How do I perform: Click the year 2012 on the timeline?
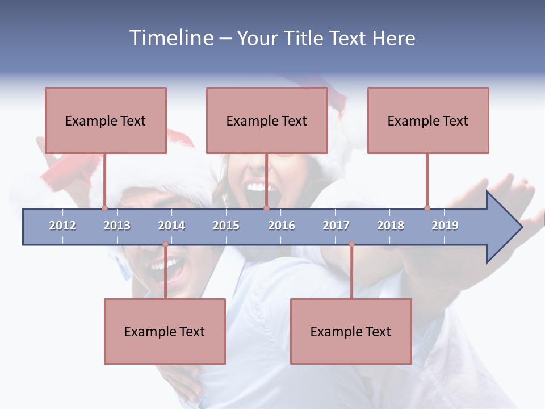[x=62, y=226]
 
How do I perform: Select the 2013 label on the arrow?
[x=117, y=226]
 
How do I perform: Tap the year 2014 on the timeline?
[x=171, y=226]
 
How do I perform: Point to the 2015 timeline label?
[x=226, y=226]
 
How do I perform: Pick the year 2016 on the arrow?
[x=282, y=226]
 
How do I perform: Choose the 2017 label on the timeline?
[x=336, y=226]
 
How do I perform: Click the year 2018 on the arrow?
[x=391, y=226]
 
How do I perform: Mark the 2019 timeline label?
[x=445, y=226]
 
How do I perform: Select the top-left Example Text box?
[x=106, y=121]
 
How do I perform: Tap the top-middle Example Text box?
[x=267, y=121]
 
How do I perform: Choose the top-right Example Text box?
[x=428, y=121]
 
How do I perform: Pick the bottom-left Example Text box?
[x=165, y=332]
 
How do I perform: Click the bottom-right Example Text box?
[x=351, y=332]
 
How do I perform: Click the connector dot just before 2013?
[x=104, y=208]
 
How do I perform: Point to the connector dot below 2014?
[x=165, y=244]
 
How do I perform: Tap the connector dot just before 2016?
[x=266, y=208]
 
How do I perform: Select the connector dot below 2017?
[x=351, y=244]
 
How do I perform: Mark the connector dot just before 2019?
[x=427, y=208]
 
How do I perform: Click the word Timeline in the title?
[x=171, y=38]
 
